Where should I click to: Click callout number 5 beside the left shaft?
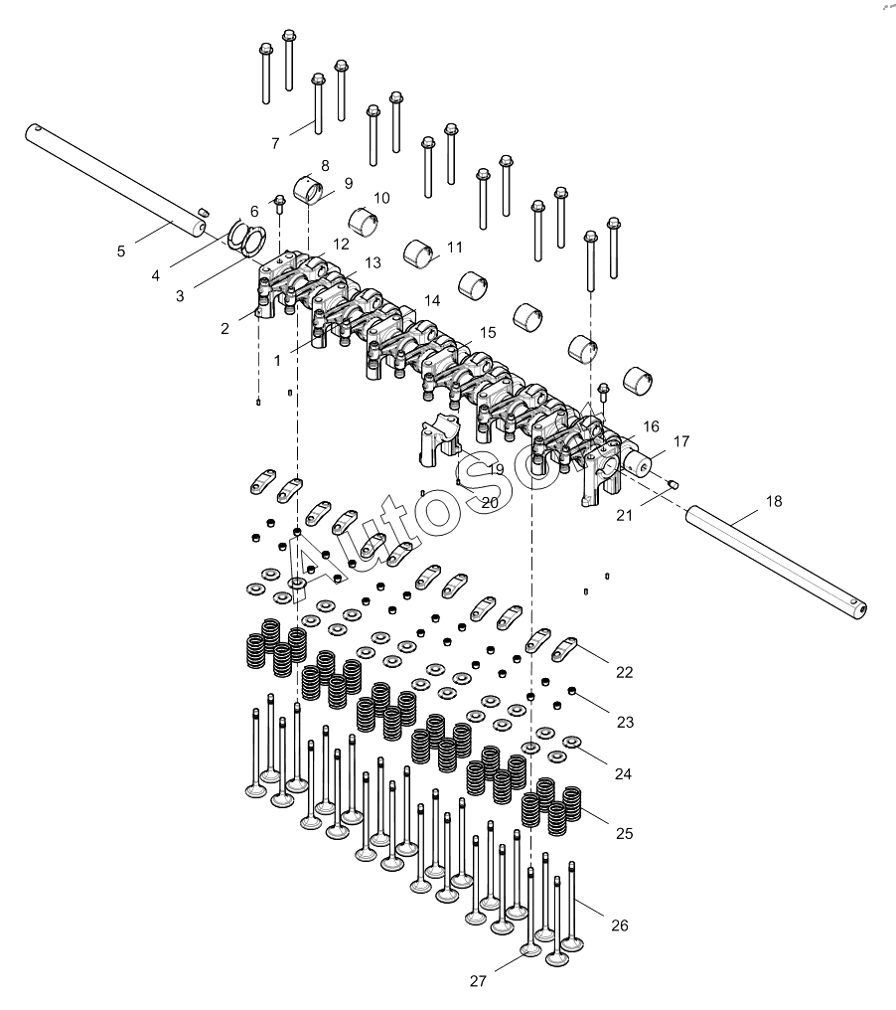tap(121, 252)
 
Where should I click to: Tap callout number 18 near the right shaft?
tap(774, 501)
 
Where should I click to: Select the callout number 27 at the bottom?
tap(478, 981)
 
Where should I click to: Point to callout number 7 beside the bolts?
tap(275, 143)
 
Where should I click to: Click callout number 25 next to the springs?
tap(625, 833)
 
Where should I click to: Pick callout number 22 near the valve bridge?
tap(625, 672)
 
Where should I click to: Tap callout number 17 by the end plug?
tap(681, 441)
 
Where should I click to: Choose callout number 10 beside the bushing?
tap(381, 198)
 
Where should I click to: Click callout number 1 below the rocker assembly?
tap(277, 361)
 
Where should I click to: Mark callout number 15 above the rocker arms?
tap(488, 332)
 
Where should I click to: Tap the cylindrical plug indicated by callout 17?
tap(639, 464)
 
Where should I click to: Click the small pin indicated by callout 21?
tap(673, 484)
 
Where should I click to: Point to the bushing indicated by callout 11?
tap(418, 253)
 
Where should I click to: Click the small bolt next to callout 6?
tap(279, 203)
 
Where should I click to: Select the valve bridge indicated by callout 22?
tap(566, 648)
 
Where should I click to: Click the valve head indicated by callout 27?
tap(530, 949)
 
